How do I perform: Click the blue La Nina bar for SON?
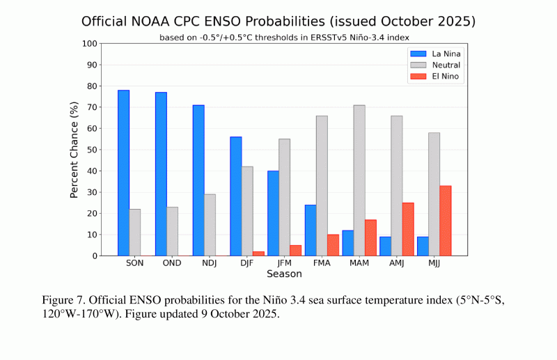point(123,173)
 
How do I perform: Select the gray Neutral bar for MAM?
point(359,180)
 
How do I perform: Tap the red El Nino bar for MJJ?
point(446,221)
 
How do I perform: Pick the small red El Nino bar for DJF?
point(258,253)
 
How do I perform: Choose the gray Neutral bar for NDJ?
point(210,225)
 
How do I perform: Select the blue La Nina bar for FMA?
point(311,230)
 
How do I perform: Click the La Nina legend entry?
point(436,54)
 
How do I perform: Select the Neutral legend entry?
point(436,65)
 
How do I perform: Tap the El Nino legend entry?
point(436,76)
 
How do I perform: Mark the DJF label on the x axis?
point(247,264)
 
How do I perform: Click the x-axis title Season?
point(284,275)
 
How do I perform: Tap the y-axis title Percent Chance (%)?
point(74,149)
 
